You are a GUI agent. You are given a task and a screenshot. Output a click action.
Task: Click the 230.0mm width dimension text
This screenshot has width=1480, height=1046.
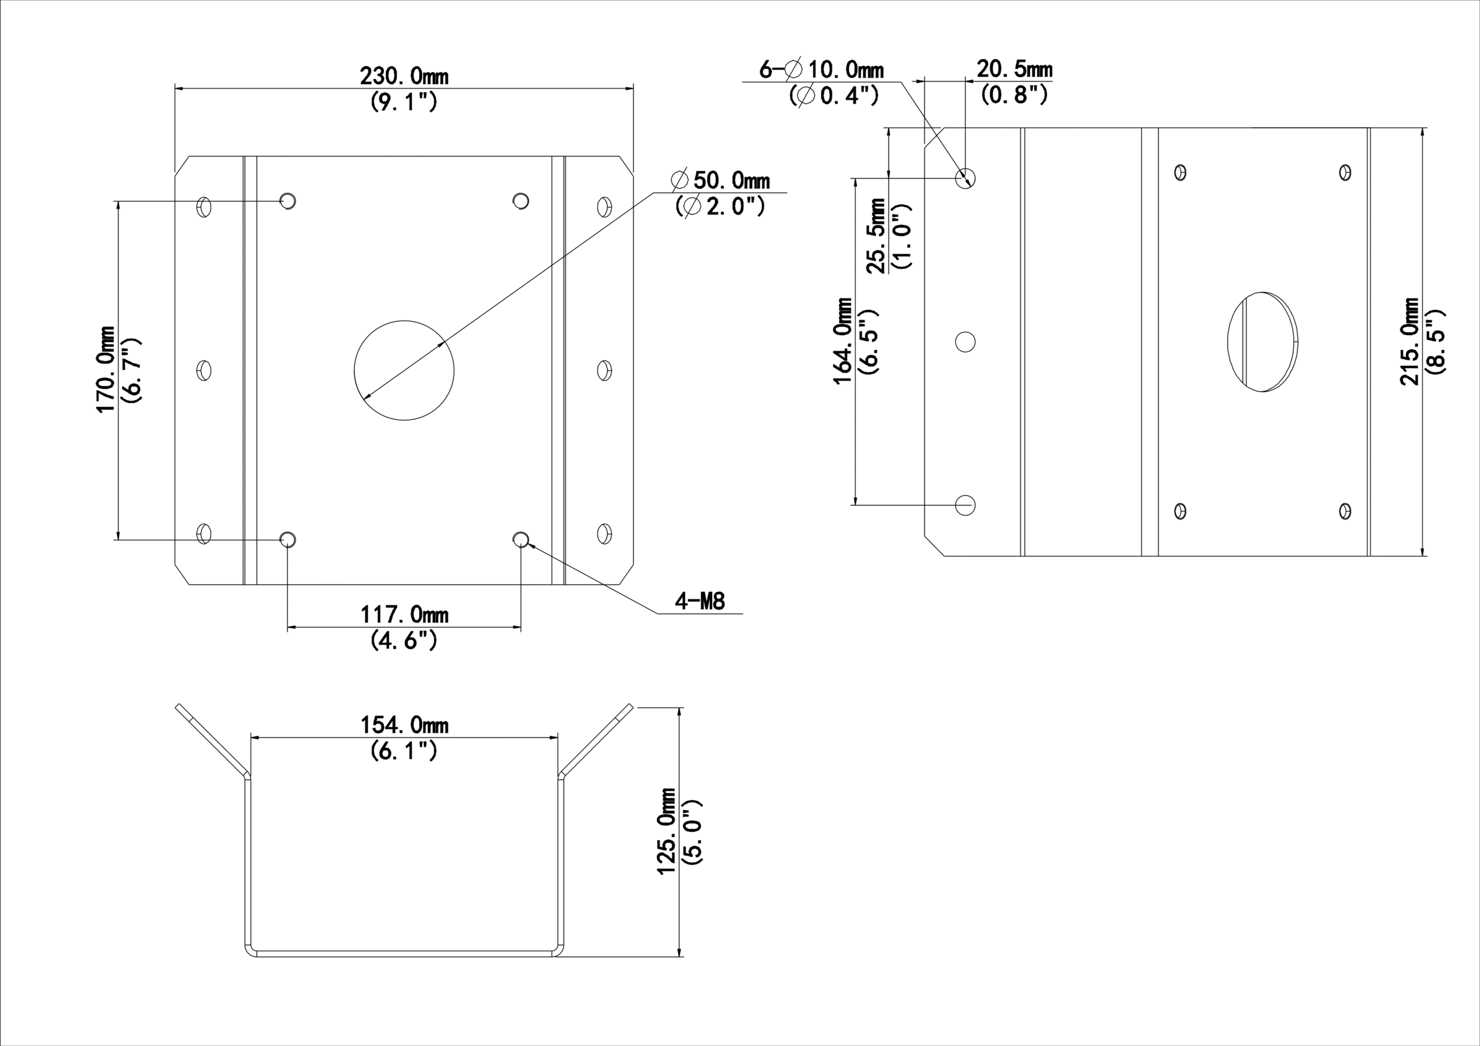[x=404, y=77]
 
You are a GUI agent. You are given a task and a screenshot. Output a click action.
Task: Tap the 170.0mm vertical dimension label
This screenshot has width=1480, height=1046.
[x=106, y=369]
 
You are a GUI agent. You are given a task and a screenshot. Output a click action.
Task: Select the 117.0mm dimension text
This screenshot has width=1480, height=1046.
[x=404, y=615]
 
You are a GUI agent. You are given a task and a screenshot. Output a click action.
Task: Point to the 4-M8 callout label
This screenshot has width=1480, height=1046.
[x=700, y=601]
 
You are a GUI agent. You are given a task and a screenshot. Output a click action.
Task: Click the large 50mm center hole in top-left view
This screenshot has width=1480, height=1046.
[x=404, y=370]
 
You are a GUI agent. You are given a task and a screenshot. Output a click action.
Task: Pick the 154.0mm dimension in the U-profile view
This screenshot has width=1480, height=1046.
[x=404, y=725]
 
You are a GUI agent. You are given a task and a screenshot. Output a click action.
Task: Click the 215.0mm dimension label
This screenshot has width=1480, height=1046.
[x=1409, y=342]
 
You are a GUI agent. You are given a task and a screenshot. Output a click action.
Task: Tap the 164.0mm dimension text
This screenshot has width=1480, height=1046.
[x=844, y=341]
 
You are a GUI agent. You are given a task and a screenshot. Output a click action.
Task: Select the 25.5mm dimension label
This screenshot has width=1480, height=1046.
[x=875, y=236]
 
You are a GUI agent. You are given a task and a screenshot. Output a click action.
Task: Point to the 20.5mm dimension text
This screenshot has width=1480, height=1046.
[x=1015, y=69]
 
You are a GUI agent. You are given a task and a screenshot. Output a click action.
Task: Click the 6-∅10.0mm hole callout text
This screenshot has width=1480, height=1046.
[x=821, y=69]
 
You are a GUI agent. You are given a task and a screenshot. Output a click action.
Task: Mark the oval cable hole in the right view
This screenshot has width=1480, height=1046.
[x=1262, y=342]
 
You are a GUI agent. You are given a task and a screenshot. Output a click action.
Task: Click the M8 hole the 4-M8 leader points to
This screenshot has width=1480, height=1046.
[x=521, y=539]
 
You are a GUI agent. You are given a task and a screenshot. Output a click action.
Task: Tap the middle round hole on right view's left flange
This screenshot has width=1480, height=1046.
[x=965, y=342]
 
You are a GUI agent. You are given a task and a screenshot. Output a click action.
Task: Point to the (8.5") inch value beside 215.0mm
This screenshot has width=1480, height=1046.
[x=1435, y=342]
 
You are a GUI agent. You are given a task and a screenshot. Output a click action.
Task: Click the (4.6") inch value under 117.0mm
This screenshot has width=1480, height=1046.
[x=404, y=641]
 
